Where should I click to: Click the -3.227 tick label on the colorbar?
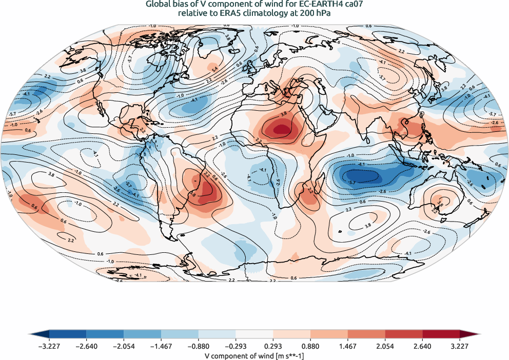[x=50, y=345]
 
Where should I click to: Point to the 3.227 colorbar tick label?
[x=459, y=345]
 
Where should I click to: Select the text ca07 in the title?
[x=356, y=5]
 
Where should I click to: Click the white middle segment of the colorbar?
[x=254, y=334]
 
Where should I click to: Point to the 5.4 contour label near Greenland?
[x=215, y=69]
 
